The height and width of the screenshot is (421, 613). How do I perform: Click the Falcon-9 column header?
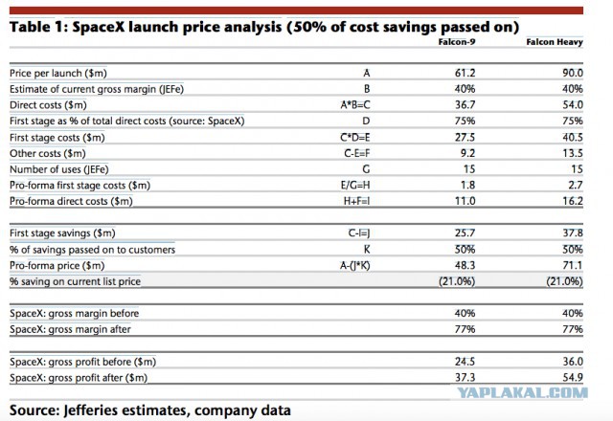[x=457, y=42]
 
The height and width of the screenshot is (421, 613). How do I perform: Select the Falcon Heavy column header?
[x=555, y=42]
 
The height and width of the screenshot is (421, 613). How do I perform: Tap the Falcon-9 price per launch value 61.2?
[x=465, y=73]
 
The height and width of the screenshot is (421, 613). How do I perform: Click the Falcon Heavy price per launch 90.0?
[x=573, y=73]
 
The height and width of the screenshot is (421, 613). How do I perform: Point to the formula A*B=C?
[x=355, y=105]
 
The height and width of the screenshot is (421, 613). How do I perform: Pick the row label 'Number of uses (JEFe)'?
[x=59, y=169]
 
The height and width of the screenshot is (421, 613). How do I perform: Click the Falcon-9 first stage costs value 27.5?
[x=465, y=138]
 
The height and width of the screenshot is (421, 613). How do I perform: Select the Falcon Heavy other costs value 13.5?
[x=573, y=153]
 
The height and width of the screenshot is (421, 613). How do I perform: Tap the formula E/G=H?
[x=355, y=185]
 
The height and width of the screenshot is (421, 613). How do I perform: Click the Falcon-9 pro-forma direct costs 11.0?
[x=465, y=201]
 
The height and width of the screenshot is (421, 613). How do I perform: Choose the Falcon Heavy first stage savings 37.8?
[x=573, y=233]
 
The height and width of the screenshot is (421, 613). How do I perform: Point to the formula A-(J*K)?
[x=355, y=266]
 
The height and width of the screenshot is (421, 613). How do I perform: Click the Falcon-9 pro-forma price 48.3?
[x=465, y=266]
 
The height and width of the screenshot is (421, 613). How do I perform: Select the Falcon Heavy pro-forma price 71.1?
[x=573, y=266]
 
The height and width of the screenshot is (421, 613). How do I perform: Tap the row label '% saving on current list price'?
[x=75, y=281]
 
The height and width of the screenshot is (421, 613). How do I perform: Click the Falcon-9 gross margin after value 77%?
[x=465, y=329]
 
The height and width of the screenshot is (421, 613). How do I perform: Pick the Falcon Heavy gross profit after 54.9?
[x=573, y=378]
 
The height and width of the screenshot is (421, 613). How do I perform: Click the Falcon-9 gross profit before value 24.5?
[x=465, y=362]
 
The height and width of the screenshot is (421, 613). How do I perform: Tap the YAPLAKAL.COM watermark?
[x=523, y=393]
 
